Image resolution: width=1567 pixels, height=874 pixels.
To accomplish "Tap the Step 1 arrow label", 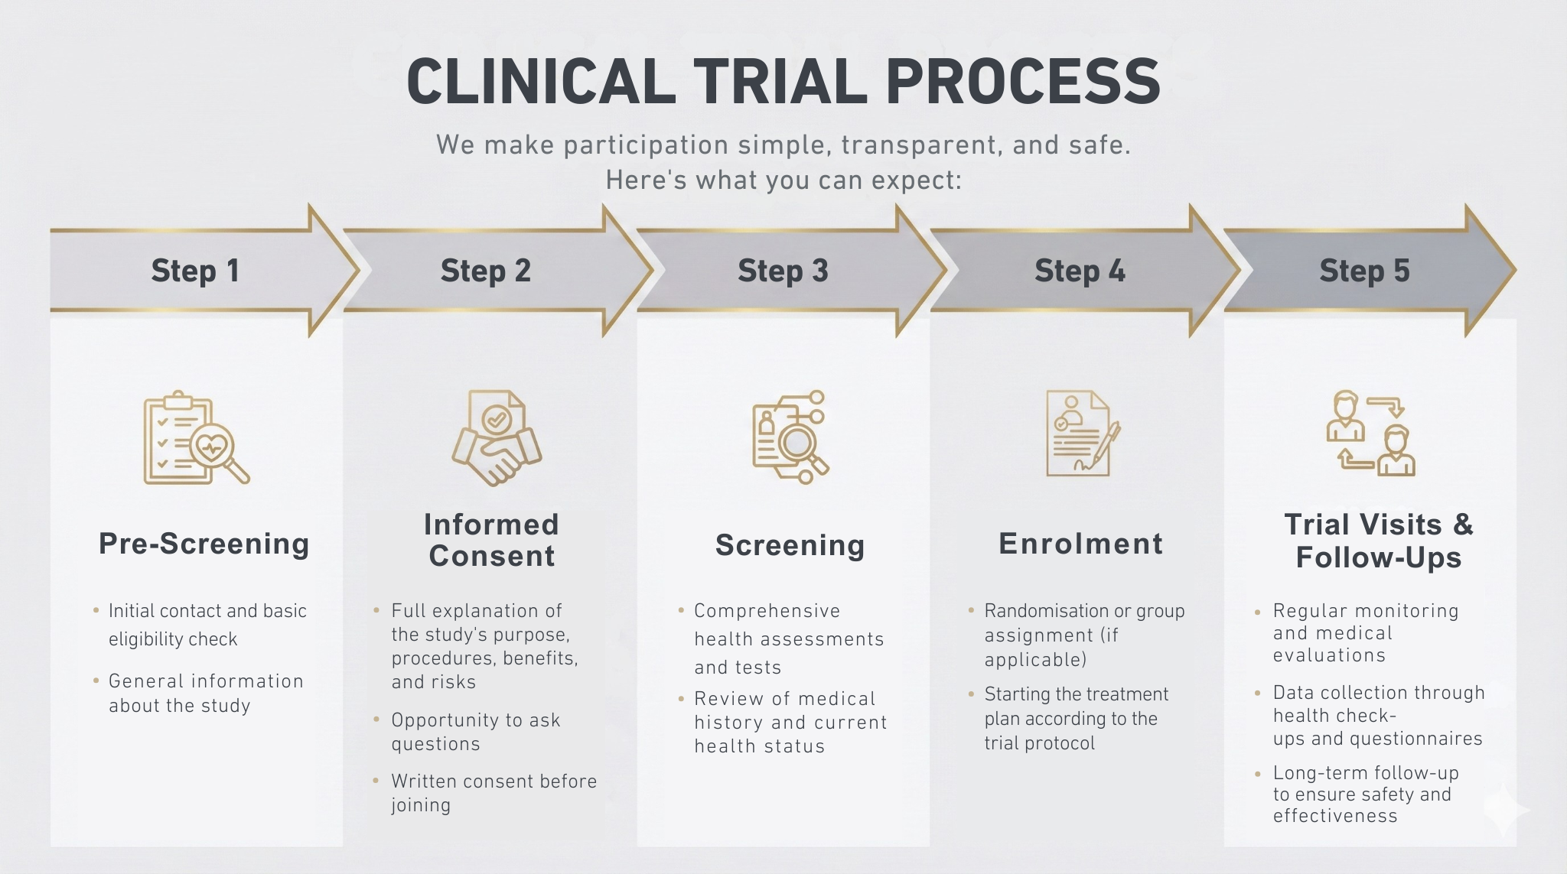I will pos(195,271).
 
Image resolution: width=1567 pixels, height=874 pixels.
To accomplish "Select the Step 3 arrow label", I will pos(783,271).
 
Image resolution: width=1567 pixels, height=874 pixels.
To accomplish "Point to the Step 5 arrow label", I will pos(1364,271).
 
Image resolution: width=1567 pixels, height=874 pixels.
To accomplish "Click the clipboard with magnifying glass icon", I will pos(196,439).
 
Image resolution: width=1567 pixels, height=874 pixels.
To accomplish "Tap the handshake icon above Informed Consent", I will pos(496,439).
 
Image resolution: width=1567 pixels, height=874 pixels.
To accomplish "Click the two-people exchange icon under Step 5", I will pos(1370,434).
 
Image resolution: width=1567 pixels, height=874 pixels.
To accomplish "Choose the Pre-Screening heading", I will pos(204,544).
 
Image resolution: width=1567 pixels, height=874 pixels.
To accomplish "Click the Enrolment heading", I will pos(1080,544).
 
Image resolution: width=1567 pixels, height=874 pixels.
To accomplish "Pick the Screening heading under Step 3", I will pos(790,545).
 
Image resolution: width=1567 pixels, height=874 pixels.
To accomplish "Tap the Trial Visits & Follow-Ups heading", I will pos(1378,541).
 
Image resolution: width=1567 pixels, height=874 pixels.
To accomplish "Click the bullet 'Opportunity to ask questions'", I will pos(475,732).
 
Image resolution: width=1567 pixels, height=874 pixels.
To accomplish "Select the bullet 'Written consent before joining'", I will pos(493,792).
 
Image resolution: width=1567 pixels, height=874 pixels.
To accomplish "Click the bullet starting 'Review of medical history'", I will pos(790,722).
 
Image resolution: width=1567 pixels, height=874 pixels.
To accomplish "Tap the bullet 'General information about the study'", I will pos(205,693).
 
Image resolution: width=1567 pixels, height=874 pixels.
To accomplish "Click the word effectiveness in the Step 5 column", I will pos(1334,816).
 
